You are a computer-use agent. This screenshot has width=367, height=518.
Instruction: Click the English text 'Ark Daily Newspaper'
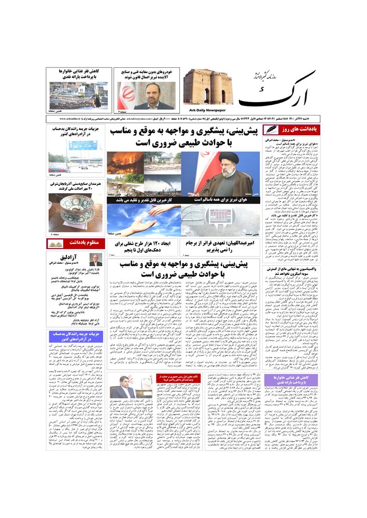tap(204, 110)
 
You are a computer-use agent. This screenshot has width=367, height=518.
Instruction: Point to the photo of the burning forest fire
tap(125, 163)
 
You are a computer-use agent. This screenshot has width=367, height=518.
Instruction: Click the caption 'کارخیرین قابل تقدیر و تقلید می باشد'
tap(143, 199)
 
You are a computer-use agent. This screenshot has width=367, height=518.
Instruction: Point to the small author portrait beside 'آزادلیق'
tap(95, 260)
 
